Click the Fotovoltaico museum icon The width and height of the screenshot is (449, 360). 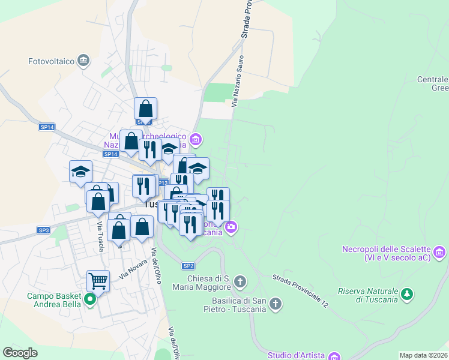[x=83, y=60]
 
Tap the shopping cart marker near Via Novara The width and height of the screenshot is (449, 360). [x=98, y=280]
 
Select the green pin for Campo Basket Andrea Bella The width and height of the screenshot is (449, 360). [x=90, y=299]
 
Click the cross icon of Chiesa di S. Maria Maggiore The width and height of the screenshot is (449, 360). [x=240, y=281]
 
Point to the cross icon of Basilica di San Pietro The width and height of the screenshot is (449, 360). [x=276, y=304]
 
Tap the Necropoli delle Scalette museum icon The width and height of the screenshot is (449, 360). [x=439, y=252]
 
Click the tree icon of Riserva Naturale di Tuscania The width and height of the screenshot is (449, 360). [x=408, y=294]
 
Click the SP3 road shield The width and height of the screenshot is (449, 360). [x=44, y=230]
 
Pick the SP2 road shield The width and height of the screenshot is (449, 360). [x=188, y=266]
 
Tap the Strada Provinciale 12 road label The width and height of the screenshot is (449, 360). [x=300, y=292]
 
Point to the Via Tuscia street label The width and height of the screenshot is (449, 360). [x=100, y=237]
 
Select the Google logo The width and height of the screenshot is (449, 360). [x=20, y=353]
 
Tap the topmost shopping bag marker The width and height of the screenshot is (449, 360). [x=145, y=109]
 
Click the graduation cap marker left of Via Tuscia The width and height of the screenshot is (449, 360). [x=80, y=172]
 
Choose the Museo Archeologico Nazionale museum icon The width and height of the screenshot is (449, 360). [x=195, y=140]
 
